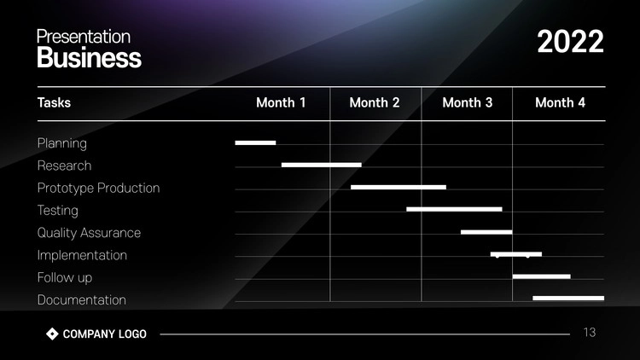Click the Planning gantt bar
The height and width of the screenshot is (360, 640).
[255, 142]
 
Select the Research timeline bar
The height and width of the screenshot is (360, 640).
[322, 165]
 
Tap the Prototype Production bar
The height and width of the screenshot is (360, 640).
[399, 188]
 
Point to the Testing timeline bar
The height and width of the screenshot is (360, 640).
[454, 209]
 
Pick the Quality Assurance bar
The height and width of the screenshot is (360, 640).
[486, 232]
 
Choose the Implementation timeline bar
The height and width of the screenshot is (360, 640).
[516, 254]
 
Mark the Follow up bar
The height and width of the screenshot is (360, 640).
[542, 276]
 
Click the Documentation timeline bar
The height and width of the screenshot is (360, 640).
[568, 299]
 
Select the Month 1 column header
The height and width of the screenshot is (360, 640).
[281, 102]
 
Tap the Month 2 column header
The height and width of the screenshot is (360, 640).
[375, 102]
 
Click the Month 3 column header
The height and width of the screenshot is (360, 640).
[468, 102]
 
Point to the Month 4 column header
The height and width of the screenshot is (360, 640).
[560, 102]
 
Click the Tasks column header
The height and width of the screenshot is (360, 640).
[54, 102]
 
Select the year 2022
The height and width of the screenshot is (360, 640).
[570, 42]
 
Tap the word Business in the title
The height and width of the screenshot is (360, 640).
[90, 57]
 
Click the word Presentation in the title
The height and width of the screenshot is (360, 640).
[84, 37]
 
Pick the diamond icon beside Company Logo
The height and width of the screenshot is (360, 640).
[52, 334]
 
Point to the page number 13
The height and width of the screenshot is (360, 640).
[590, 332]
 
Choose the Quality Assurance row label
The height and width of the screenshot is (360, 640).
[89, 233]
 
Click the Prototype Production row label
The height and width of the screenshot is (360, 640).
[98, 189]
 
